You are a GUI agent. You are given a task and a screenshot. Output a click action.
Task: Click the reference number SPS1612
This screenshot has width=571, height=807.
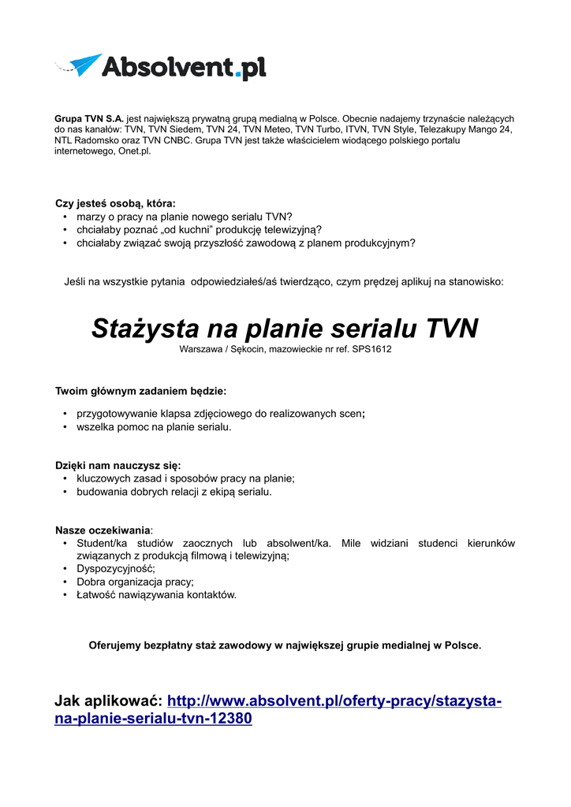point(371,349)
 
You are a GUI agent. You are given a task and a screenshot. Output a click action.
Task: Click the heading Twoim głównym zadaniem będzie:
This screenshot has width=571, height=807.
point(140,391)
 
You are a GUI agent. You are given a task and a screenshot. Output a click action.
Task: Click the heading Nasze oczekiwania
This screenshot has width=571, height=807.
point(103,530)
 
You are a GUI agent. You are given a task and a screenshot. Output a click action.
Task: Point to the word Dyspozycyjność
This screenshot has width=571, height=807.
point(115,568)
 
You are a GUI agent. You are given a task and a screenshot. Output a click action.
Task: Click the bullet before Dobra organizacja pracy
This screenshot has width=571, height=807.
point(64,582)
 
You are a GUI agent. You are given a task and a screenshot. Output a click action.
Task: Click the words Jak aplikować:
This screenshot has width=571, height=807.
point(108,701)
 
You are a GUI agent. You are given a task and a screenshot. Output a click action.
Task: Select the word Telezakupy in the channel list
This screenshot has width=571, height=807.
point(448,129)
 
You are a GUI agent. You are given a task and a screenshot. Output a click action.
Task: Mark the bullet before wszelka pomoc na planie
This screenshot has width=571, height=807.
point(64,427)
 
